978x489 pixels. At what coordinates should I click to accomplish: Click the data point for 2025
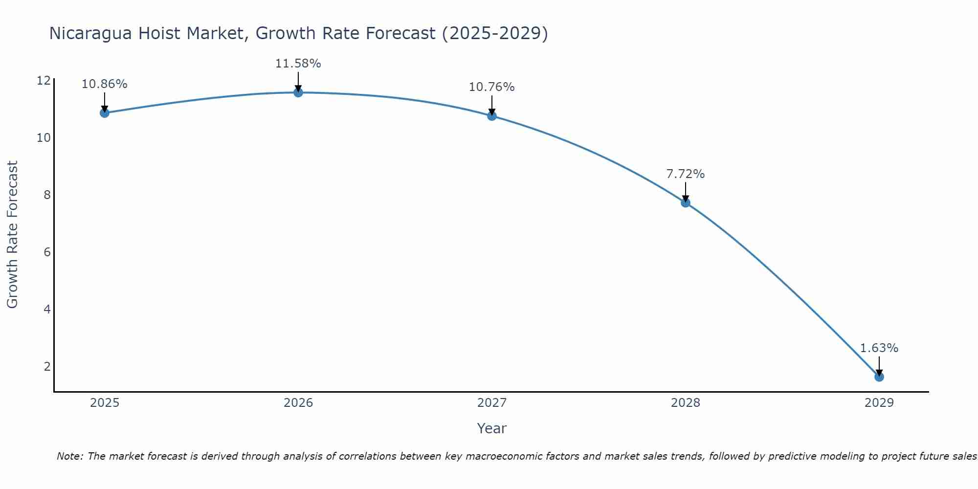coord(104,113)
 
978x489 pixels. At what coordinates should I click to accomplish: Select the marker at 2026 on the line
coord(298,92)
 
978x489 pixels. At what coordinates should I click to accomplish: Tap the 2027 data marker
coord(492,116)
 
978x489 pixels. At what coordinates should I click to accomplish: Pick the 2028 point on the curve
coord(686,202)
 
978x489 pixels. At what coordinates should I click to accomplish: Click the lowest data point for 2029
coord(879,377)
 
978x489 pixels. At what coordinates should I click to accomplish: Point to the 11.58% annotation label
coord(298,64)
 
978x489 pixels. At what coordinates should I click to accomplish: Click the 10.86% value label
coord(104,84)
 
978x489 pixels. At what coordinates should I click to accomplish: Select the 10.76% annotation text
coord(491,87)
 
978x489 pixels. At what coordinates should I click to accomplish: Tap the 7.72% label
coord(685,174)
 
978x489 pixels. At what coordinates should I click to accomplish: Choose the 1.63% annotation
coord(879,348)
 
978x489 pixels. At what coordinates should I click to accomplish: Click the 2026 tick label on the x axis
coord(298,403)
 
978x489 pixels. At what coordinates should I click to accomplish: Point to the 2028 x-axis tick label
coord(686,403)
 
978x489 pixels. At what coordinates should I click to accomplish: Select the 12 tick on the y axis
coord(44,81)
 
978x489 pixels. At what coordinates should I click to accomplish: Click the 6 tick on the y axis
coord(47,252)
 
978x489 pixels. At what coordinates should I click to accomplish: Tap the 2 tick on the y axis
coord(47,367)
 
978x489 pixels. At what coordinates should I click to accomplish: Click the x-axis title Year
coord(491,428)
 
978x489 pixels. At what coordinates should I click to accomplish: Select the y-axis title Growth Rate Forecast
coord(12,234)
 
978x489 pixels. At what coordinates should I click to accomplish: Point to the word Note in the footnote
coord(70,456)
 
